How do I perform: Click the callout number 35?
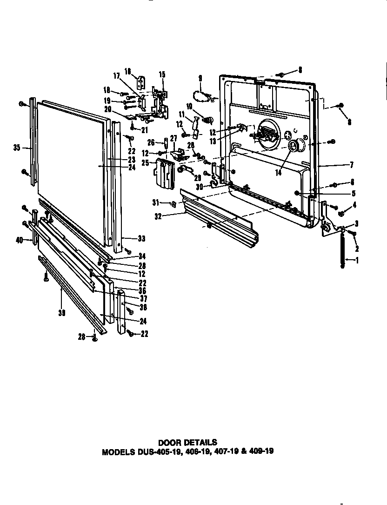tap(17, 148)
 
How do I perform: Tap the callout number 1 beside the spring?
tap(357, 260)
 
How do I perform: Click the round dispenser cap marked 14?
tap(294, 147)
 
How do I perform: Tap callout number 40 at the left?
tap(19, 240)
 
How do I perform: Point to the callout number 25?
tap(145, 163)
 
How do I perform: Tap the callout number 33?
tap(141, 238)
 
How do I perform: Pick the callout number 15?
tap(162, 74)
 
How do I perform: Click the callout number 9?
tap(200, 78)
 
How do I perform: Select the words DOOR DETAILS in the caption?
tap(187, 442)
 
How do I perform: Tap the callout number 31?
tap(156, 202)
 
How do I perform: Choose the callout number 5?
tap(354, 193)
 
